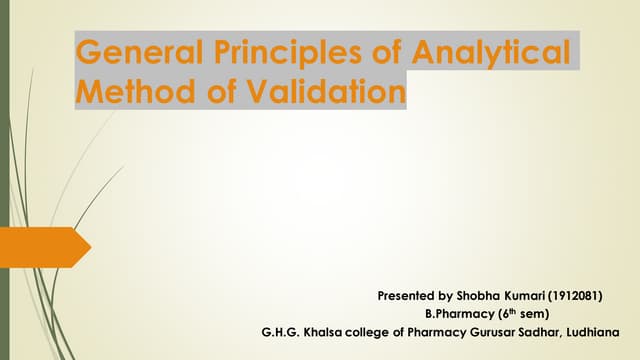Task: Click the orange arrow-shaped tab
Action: pyautogui.click(x=44, y=246)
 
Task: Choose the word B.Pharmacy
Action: pyautogui.click(x=460, y=314)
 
